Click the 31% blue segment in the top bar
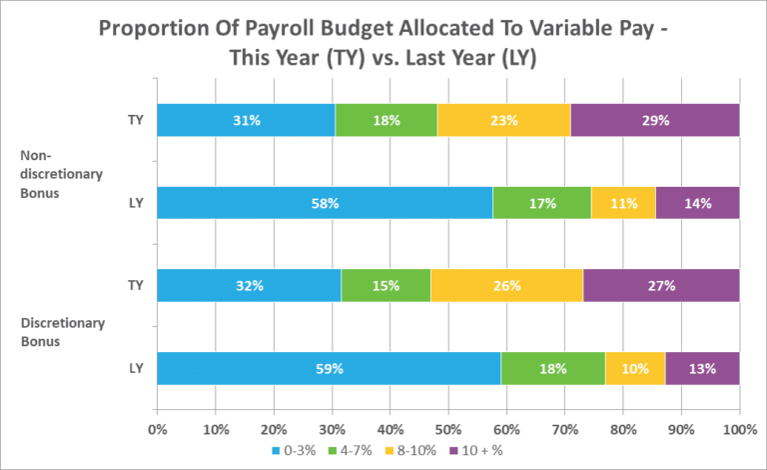coord(246,120)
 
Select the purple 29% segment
coord(655,120)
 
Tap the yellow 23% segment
coord(503,120)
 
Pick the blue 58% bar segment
coord(325,203)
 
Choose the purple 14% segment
coord(697,203)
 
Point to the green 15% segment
coord(386,285)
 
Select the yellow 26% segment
coord(506,285)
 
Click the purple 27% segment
coord(661,285)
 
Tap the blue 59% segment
coord(329,368)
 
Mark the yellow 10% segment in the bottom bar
coord(635,368)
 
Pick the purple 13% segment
coord(702,368)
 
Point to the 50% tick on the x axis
coord(448,430)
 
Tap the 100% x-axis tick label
coord(738,430)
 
